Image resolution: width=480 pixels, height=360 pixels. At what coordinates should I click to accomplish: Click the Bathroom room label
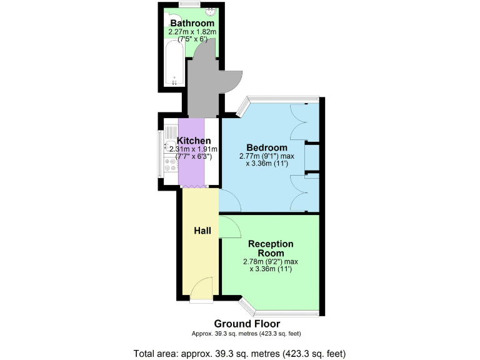(192, 24)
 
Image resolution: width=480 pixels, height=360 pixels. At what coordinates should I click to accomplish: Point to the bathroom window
(188, 5)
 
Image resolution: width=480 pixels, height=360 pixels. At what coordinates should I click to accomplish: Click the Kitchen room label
(194, 141)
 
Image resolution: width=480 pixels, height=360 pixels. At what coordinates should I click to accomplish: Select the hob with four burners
(171, 165)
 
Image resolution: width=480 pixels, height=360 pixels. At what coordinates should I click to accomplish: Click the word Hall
(202, 231)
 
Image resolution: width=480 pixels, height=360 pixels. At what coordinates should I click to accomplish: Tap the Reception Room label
(271, 248)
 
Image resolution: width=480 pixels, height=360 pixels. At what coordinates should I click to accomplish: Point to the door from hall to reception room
(230, 227)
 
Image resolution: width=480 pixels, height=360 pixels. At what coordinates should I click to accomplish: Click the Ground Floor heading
(247, 324)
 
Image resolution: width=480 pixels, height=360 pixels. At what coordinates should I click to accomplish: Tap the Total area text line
(239, 353)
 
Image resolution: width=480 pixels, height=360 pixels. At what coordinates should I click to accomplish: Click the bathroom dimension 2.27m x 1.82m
(192, 32)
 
